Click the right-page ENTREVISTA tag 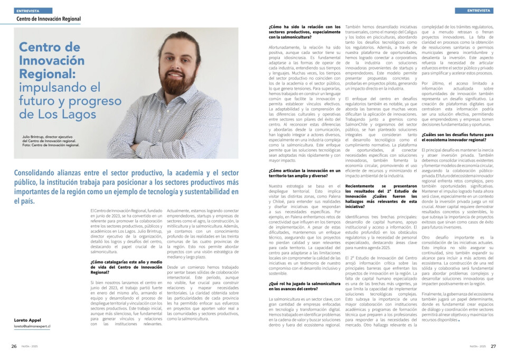click(479, 11)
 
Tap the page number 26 click(14, 346)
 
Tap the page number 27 click(493, 346)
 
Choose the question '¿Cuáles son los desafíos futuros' click(458, 137)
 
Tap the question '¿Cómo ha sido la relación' click(304, 30)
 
